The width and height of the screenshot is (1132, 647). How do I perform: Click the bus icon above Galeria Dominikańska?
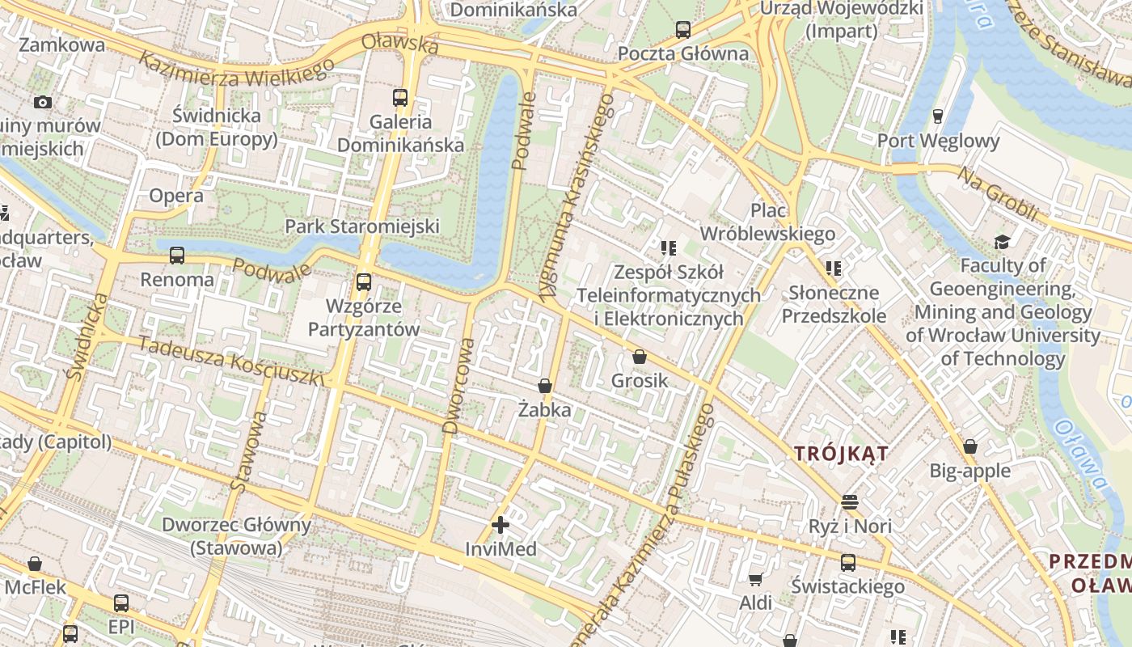pyautogui.click(x=400, y=99)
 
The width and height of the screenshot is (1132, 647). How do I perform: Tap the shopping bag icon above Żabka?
pyautogui.click(x=545, y=386)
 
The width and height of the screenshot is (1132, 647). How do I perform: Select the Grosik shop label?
pyautogui.click(x=640, y=380)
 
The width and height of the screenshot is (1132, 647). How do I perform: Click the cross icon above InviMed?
pyautogui.click(x=501, y=525)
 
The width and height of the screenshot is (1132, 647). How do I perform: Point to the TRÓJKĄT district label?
pyautogui.click(x=841, y=454)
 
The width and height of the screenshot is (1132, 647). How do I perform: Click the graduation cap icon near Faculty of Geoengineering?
pyautogui.click(x=1003, y=241)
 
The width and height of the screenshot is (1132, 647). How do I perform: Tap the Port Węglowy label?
pyautogui.click(x=939, y=141)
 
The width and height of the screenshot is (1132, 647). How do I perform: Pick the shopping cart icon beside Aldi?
pyautogui.click(x=755, y=579)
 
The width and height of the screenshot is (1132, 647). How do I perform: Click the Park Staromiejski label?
pyautogui.click(x=362, y=226)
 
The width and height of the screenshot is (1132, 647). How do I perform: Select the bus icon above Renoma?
pyautogui.click(x=177, y=256)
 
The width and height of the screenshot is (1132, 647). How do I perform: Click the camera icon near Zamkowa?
pyautogui.click(x=43, y=102)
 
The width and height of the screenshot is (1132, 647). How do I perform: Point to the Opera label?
pyautogui.click(x=176, y=196)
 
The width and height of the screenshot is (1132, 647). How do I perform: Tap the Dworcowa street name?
pyautogui.click(x=458, y=387)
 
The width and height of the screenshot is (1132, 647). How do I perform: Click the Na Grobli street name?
pyautogui.click(x=998, y=193)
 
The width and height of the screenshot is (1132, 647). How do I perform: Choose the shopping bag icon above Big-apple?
pyautogui.click(x=970, y=446)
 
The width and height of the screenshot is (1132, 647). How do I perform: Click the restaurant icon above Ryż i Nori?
pyautogui.click(x=849, y=502)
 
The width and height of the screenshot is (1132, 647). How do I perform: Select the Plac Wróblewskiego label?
pyautogui.click(x=767, y=222)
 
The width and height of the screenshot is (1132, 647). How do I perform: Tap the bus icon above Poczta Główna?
pyautogui.click(x=683, y=31)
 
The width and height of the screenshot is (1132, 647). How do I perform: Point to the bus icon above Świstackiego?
pyautogui.click(x=848, y=563)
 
